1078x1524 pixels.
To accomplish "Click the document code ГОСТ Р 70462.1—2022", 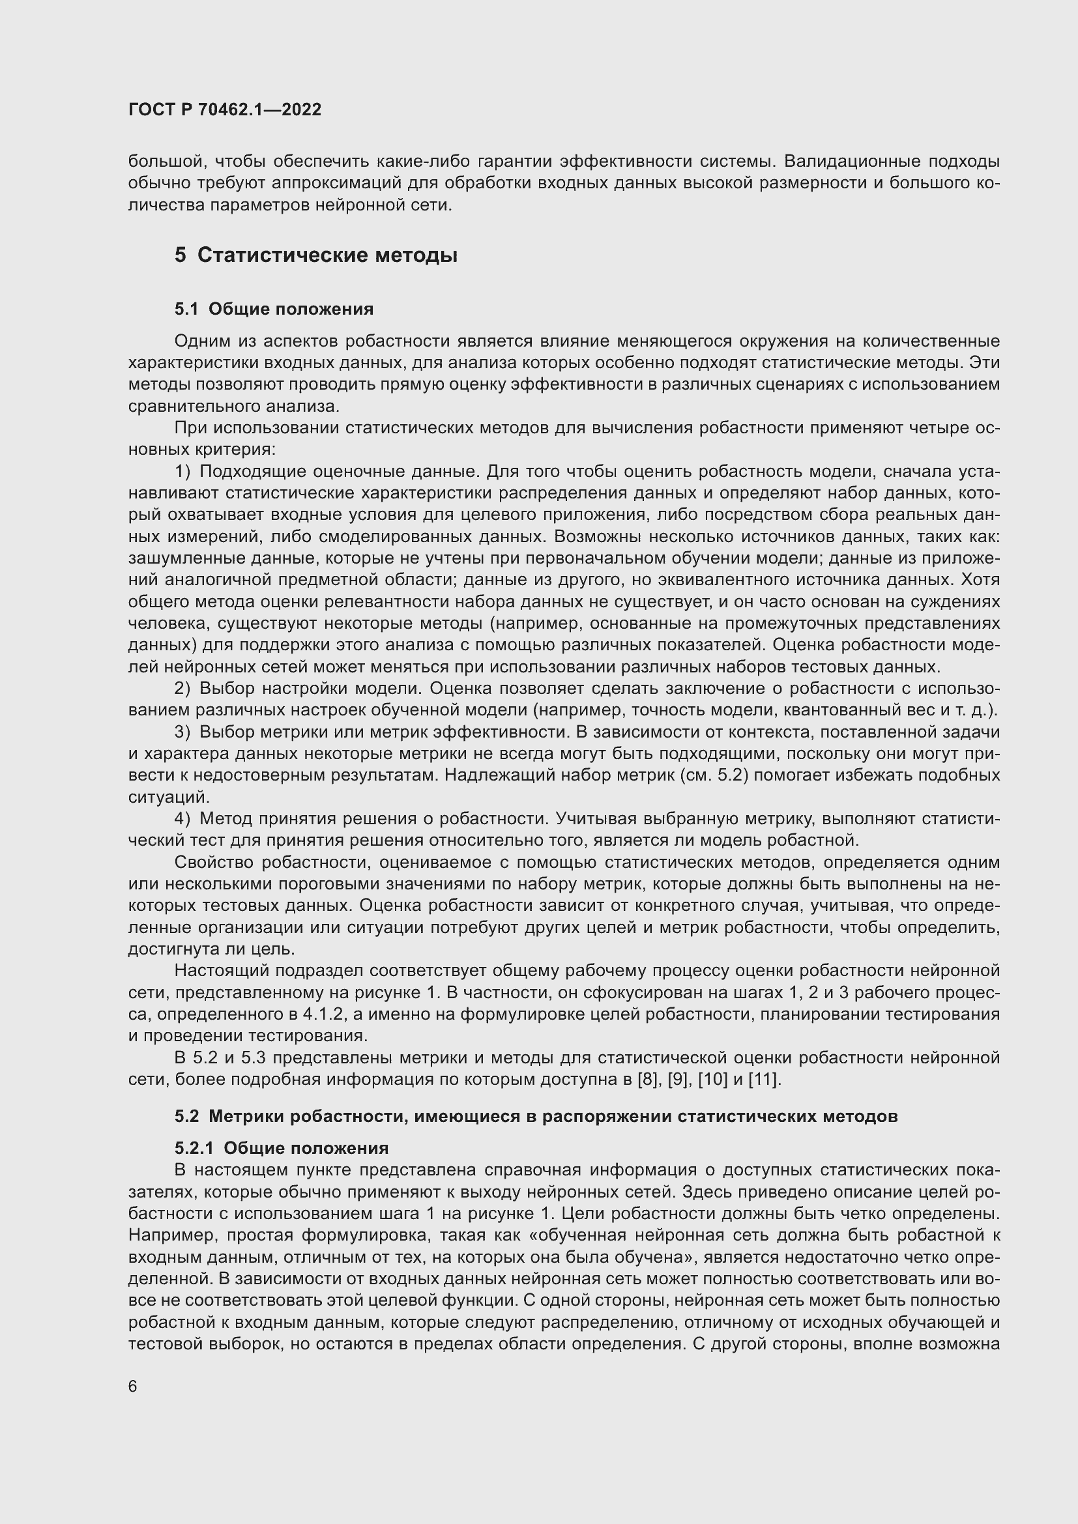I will click(x=224, y=109).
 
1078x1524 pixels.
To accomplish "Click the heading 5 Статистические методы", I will click(x=316, y=255).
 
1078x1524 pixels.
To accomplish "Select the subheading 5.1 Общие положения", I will click(x=274, y=309).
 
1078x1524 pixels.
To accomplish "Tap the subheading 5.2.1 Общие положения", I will click(x=282, y=1147).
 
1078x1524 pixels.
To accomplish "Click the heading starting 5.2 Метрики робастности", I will click(x=536, y=1115).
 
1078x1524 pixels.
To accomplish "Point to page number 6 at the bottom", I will click(x=133, y=1387).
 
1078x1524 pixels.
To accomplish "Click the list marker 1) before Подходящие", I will click(x=182, y=471).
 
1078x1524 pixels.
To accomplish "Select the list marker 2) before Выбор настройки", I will click(x=182, y=688).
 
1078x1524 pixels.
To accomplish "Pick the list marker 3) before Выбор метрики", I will click(x=182, y=732).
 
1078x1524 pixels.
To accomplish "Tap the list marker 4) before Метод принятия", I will click(x=182, y=818).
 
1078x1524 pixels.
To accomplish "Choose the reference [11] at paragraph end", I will click(x=764, y=1079).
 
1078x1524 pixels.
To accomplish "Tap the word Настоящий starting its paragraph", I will click(x=220, y=970).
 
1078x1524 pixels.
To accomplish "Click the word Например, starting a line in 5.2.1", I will click(x=172, y=1235).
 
